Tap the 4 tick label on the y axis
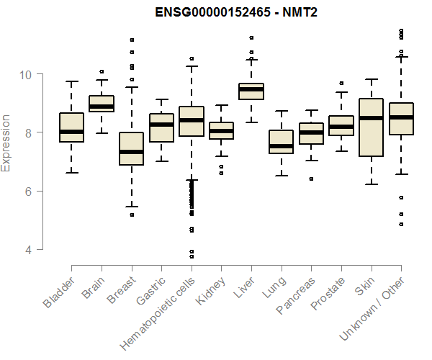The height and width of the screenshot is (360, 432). [x=27, y=250]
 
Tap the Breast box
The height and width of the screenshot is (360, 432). [x=131, y=148]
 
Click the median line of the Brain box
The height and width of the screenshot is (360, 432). [x=102, y=107]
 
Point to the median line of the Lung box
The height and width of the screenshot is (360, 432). [x=282, y=146]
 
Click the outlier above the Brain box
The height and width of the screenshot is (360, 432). [x=102, y=71]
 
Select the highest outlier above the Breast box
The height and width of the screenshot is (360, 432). [x=131, y=40]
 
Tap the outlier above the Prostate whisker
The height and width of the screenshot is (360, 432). [x=341, y=83]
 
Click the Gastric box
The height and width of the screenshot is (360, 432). [x=161, y=128]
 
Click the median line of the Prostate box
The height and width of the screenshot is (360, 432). [x=341, y=127]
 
